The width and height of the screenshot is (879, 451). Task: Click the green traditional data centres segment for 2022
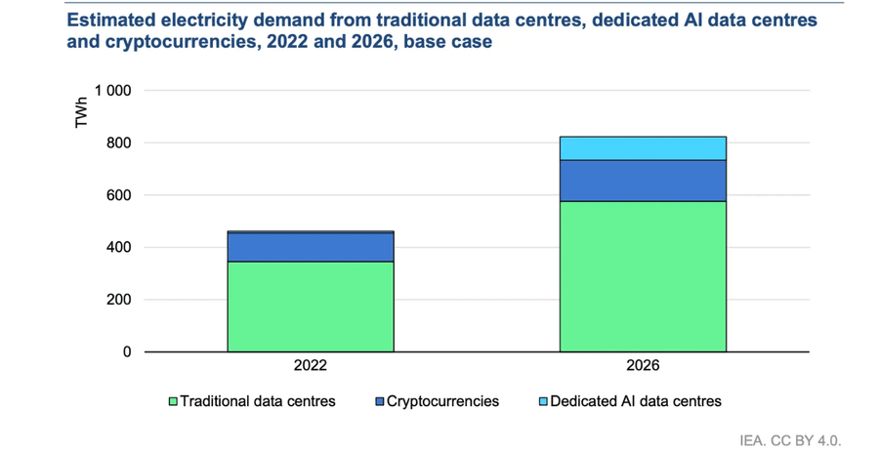(x=311, y=306)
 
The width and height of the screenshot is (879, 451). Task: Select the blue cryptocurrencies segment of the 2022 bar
(x=311, y=247)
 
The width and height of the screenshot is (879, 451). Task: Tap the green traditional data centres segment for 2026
(x=643, y=276)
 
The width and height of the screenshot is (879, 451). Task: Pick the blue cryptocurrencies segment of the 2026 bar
(x=643, y=181)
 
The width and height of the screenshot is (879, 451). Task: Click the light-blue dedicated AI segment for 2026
(x=643, y=148)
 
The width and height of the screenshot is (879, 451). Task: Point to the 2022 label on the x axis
(x=311, y=367)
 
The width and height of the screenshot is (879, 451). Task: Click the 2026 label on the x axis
(x=643, y=367)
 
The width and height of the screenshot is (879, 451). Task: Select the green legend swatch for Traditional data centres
(x=174, y=401)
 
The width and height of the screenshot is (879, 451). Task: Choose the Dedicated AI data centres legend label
(x=635, y=401)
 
